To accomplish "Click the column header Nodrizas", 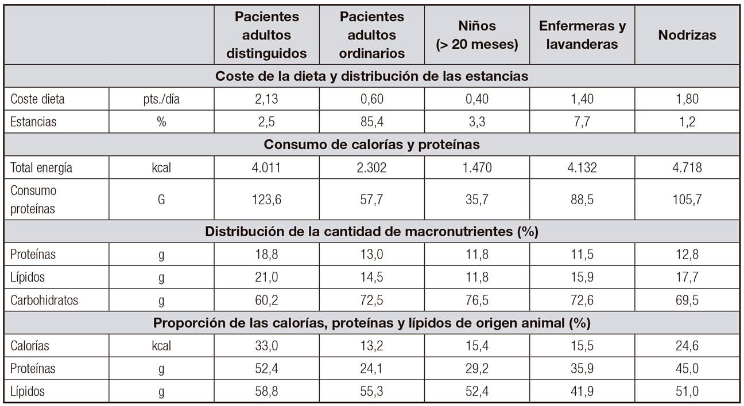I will tap(687, 35).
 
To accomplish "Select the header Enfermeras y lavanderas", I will tap(582, 35).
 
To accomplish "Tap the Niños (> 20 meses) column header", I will tap(477, 35).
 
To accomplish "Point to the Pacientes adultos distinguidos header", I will tap(266, 35).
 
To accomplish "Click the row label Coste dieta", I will tap(38, 99).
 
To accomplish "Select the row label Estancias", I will tap(33, 122).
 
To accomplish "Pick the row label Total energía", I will tap(41, 168).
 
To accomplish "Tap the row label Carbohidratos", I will tap(44, 300).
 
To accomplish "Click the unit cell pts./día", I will tap(161, 99).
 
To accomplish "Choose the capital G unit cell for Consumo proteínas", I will tap(161, 200).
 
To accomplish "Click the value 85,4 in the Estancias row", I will tap(372, 122).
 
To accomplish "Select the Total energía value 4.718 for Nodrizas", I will tap(687, 168).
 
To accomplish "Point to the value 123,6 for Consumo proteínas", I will tap(266, 200).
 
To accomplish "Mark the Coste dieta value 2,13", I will tap(266, 99).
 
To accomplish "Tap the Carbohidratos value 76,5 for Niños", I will tap(477, 300).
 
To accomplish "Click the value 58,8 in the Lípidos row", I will tap(266, 392).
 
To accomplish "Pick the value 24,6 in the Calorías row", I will tap(687, 346).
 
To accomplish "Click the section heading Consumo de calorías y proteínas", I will tap(371, 145).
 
